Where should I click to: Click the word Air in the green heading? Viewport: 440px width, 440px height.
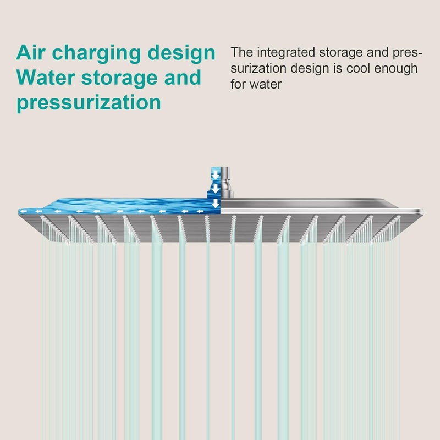(x=31, y=52)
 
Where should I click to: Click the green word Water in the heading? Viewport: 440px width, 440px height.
(x=46, y=78)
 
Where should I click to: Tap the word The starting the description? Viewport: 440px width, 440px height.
(x=241, y=52)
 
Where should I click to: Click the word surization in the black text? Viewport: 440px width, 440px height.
(x=258, y=68)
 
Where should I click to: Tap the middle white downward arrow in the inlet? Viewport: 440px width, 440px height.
(x=215, y=189)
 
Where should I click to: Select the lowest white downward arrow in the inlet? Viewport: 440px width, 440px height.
(x=215, y=204)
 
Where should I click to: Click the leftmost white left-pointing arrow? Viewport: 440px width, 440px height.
(x=23, y=211)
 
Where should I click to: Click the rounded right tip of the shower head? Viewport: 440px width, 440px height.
(x=422, y=211)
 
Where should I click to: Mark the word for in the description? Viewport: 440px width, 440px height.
(x=238, y=84)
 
